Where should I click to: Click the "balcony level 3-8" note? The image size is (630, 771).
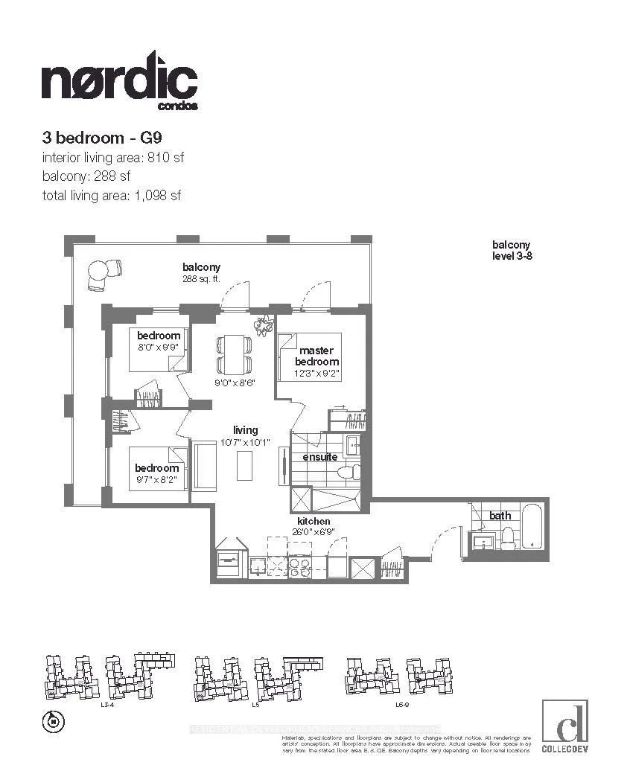[x=511, y=250]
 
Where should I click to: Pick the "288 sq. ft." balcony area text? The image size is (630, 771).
[x=202, y=280]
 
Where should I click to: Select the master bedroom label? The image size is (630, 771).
[x=316, y=356]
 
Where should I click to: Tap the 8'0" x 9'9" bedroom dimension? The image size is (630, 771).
[x=158, y=347]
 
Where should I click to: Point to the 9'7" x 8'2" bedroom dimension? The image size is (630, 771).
[x=156, y=480]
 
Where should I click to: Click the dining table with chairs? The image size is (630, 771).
[x=232, y=354]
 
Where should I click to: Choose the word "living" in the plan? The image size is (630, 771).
[x=245, y=430]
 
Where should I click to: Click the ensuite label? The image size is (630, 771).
[x=319, y=457]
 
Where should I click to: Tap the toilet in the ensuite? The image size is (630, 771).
[x=349, y=471]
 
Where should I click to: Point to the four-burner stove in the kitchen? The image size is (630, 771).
[x=300, y=565]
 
